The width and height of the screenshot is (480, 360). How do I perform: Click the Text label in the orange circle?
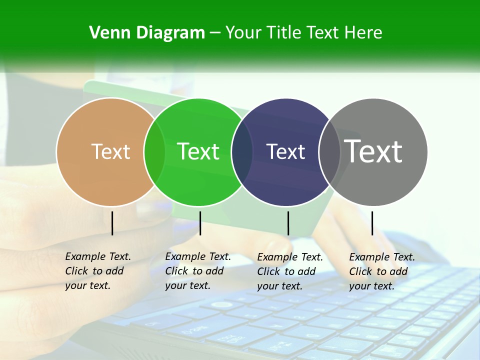click(x=110, y=151)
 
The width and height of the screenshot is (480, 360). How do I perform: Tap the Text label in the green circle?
click(x=198, y=151)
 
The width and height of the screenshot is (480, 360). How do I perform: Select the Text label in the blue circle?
click(x=285, y=151)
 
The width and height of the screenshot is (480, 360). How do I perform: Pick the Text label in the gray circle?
click(x=373, y=151)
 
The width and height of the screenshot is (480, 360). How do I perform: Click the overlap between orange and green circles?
click(x=154, y=151)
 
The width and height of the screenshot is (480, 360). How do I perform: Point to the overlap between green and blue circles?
click(x=242, y=151)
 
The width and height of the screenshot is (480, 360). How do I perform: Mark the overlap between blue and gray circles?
click(x=329, y=151)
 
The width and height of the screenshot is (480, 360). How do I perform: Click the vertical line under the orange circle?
click(x=112, y=223)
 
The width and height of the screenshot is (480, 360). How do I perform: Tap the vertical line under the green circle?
click(x=200, y=223)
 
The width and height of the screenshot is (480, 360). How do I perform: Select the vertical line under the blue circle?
click(x=288, y=223)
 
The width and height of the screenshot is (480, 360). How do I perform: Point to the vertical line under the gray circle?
click(x=372, y=223)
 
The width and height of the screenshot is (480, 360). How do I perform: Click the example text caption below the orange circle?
click(x=97, y=271)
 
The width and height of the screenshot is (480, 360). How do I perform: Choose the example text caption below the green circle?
click(x=197, y=271)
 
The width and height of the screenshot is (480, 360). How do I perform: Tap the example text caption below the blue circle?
click(x=289, y=271)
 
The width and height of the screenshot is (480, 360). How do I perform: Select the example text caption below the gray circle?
click(x=381, y=271)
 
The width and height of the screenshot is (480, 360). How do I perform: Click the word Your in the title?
click(x=243, y=33)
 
